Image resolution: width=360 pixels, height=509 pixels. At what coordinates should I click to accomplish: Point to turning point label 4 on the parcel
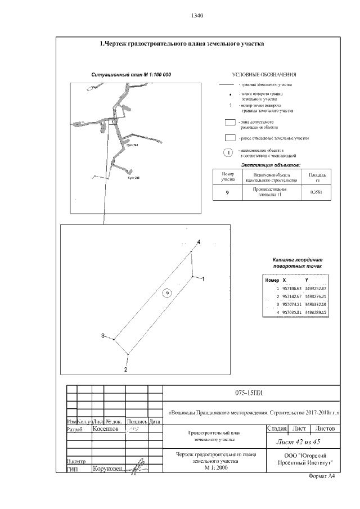click(198, 242)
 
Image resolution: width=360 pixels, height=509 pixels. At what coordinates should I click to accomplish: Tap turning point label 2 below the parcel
click(126, 370)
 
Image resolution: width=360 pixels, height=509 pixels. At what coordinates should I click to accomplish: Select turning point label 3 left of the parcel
click(103, 336)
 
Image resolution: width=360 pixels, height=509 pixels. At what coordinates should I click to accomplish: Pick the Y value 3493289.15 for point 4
click(316, 312)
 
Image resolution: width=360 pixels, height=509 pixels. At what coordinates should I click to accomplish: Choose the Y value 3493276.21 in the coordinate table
click(316, 296)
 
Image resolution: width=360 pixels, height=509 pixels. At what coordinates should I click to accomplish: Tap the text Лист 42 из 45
click(303, 442)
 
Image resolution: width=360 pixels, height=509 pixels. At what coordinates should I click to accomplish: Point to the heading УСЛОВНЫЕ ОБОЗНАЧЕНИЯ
click(264, 75)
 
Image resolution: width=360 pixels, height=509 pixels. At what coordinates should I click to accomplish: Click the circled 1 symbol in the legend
click(228, 152)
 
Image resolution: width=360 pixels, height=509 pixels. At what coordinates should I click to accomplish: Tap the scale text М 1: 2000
click(217, 467)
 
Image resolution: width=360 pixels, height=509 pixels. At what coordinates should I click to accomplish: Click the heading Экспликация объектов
click(271, 165)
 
